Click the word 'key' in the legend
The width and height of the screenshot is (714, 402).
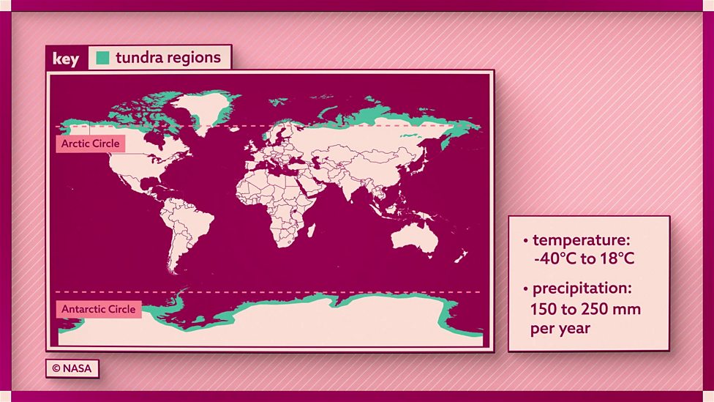[x=66, y=59]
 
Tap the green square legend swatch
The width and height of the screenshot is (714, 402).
[x=103, y=57]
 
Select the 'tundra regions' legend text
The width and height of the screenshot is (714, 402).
[x=168, y=57]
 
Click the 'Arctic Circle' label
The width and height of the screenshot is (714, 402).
[x=91, y=144]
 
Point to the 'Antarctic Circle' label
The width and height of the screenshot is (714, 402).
[x=98, y=309]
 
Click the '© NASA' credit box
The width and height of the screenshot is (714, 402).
[x=72, y=368]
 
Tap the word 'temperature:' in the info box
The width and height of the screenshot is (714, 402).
[x=581, y=240]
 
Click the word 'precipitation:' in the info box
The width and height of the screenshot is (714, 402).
[x=582, y=289]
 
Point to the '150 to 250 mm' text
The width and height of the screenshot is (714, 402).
[x=585, y=308]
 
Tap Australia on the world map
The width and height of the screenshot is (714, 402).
[x=414, y=238]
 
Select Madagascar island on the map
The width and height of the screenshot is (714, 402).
[x=311, y=231]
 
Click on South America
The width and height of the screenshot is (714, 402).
[x=186, y=223]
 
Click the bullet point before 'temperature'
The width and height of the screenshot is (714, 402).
[x=525, y=241]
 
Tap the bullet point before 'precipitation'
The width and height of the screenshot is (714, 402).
[x=525, y=289]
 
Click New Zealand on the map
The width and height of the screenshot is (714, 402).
[x=461, y=257]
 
